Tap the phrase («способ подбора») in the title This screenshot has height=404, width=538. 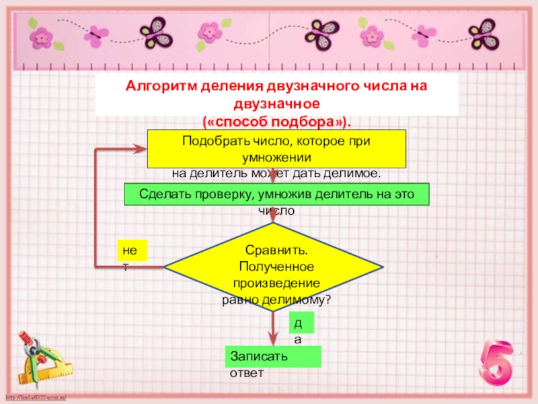point(276,121)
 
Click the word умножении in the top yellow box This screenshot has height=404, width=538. point(276,157)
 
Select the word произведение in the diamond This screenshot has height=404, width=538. point(276,283)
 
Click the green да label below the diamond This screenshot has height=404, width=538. point(297,324)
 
